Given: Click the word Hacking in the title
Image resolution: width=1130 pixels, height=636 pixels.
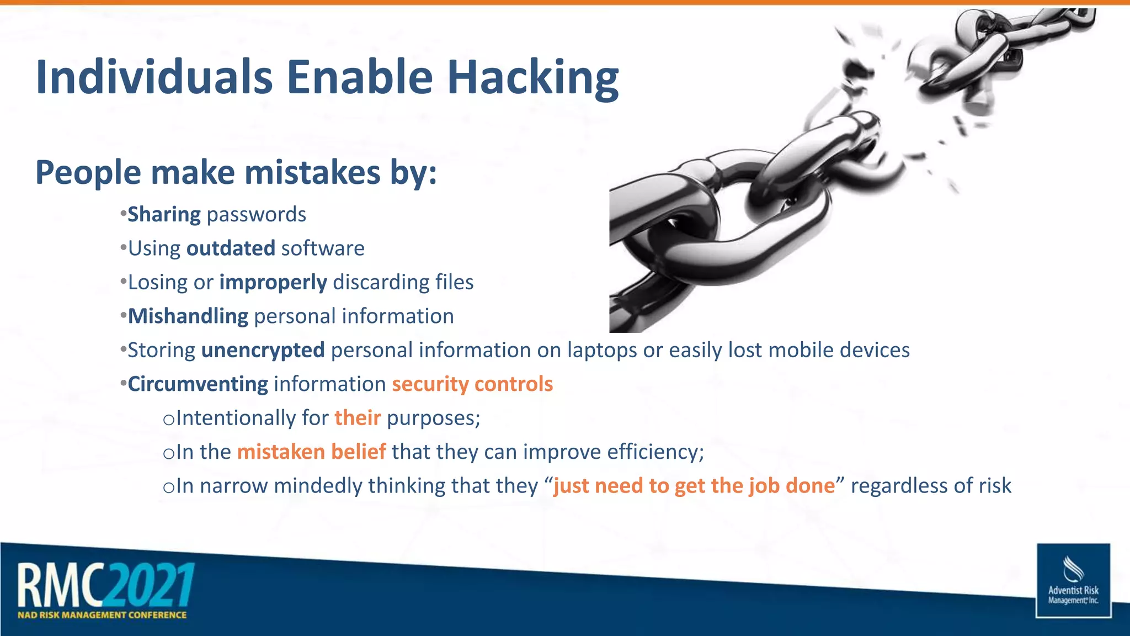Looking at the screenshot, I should click(532, 78).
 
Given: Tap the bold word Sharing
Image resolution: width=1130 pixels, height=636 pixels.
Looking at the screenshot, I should click(164, 215).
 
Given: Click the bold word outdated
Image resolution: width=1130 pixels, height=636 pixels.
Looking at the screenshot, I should click(231, 248).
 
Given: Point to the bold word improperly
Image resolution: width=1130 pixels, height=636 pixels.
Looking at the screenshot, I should click(273, 283).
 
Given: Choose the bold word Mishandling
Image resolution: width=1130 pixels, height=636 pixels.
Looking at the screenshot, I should click(188, 316).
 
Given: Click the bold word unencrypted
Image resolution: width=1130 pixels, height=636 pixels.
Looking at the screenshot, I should click(263, 350).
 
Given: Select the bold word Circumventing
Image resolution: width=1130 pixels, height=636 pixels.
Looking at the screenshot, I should click(198, 384).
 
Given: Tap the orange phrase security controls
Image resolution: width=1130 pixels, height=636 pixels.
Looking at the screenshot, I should click(472, 384).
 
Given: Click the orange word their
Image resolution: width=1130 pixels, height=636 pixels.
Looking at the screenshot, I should click(358, 418).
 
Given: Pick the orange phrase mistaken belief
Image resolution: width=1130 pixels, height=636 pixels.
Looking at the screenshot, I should click(311, 452).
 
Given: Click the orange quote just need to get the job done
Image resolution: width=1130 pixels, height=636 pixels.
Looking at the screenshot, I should click(694, 486).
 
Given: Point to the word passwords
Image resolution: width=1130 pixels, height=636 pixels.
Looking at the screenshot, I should click(256, 215).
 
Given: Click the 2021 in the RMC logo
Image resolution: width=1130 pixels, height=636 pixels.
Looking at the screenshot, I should click(150, 585).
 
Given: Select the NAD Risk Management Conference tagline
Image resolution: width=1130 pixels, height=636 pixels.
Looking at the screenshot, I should click(102, 615).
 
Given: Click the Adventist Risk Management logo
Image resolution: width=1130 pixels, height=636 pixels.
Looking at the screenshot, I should click(1073, 580).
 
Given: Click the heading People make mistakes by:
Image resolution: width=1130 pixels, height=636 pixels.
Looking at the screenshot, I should click(236, 172).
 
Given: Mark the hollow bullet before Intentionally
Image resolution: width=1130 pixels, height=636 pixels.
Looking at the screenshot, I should click(168, 420).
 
